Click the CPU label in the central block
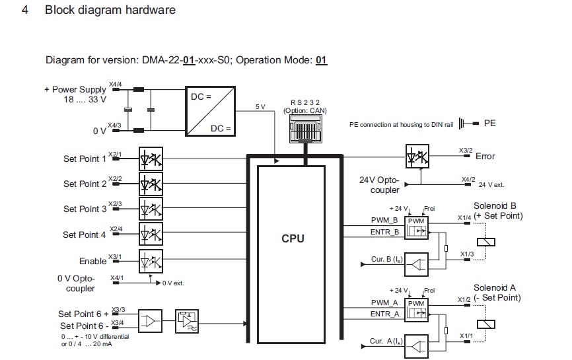(292, 238)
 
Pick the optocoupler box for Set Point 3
(151, 209)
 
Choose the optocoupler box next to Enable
(151, 260)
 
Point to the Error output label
(485, 157)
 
